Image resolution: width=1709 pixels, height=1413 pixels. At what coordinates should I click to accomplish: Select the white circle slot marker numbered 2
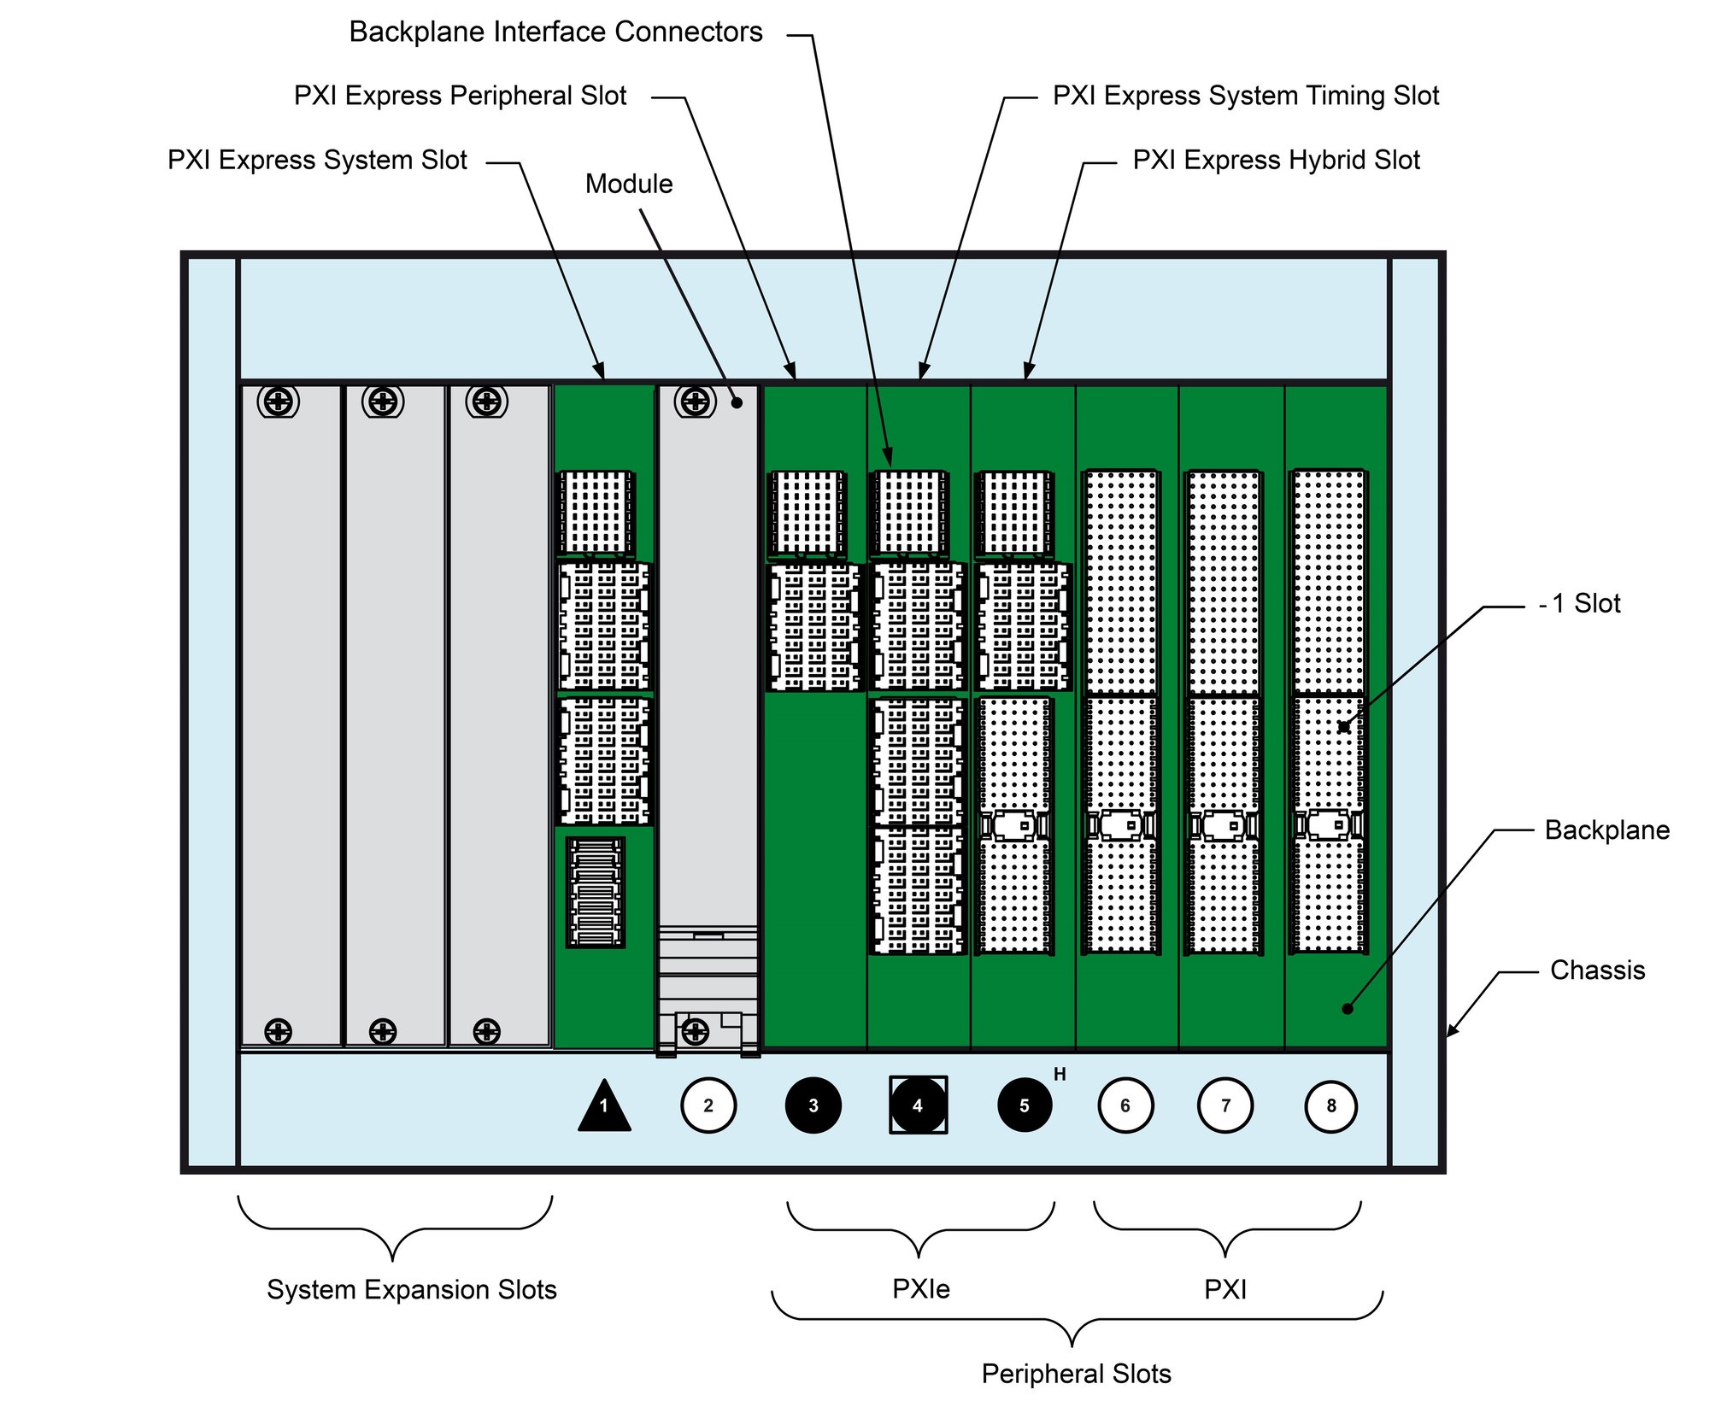708,1105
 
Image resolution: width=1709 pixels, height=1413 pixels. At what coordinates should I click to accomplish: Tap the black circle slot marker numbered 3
813,1105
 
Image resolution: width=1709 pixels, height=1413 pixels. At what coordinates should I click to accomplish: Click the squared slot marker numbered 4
918,1105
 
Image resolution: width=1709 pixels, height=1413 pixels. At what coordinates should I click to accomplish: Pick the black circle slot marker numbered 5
1024,1105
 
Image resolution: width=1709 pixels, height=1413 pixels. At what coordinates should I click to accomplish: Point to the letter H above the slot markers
1060,1075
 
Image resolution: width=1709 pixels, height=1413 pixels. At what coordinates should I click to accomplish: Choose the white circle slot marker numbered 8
1330,1106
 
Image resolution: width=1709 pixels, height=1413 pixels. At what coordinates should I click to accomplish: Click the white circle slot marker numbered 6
1125,1105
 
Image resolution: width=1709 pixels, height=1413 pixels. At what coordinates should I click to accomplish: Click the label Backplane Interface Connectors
555,32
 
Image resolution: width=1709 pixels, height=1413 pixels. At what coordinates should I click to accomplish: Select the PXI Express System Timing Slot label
1245,96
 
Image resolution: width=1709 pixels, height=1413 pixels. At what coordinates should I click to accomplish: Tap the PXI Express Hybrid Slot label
1276,160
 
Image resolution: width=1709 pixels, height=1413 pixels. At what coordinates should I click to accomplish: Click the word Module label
629,184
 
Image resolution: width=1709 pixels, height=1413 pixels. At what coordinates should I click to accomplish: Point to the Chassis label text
1597,970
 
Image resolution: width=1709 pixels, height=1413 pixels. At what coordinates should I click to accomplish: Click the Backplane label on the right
1606,830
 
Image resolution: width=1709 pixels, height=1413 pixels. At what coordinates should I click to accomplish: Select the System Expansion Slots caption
411,1289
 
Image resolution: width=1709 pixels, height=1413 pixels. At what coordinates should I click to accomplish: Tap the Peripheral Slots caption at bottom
1076,1374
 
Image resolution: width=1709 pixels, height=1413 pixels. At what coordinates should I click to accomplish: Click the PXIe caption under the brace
920,1289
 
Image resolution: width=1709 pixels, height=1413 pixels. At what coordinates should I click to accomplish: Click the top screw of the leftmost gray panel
278,401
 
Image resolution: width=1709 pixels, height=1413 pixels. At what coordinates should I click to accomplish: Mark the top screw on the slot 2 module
695,401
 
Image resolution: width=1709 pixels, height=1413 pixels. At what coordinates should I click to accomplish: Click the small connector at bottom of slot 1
596,892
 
